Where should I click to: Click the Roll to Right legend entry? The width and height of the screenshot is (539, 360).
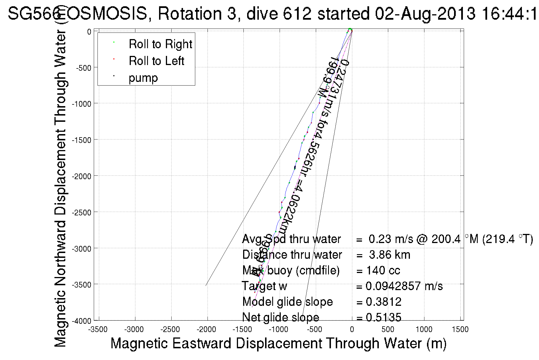click(x=160, y=44)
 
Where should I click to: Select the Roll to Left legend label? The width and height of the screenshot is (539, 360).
click(x=156, y=61)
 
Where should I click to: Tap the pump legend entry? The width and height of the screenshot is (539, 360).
click(x=143, y=78)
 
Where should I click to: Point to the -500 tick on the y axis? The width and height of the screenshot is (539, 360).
click(x=83, y=68)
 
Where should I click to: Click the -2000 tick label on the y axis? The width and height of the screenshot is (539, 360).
click(x=81, y=176)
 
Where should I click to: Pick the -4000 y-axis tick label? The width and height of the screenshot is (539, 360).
click(x=81, y=321)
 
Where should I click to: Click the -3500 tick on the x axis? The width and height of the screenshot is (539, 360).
click(x=98, y=329)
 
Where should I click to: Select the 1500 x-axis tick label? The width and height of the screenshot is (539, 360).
click(x=460, y=329)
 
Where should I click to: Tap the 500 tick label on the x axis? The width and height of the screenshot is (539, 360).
click(x=388, y=329)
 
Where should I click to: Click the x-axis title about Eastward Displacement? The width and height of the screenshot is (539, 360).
click(x=278, y=343)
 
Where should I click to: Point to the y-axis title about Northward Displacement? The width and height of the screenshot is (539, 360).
click(x=60, y=188)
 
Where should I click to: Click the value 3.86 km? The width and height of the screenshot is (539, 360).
click(x=389, y=255)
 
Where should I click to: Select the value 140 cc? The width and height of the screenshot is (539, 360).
click(x=383, y=270)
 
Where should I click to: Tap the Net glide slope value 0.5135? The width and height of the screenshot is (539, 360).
click(x=383, y=317)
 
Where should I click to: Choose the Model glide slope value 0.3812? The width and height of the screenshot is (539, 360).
click(x=383, y=302)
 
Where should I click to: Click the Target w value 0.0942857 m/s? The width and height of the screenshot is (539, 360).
click(x=404, y=286)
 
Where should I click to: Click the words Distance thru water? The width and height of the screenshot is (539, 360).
click(x=292, y=255)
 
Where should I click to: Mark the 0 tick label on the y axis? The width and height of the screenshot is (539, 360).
click(x=89, y=32)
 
